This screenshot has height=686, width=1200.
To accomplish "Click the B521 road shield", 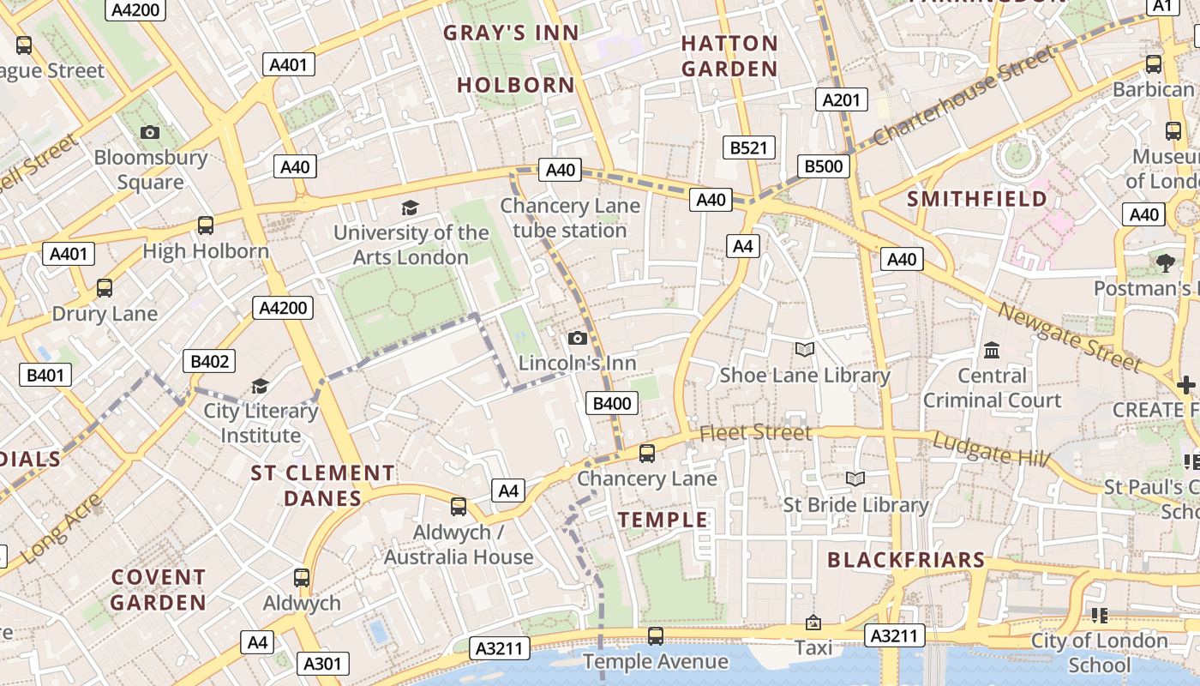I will coord(748,147).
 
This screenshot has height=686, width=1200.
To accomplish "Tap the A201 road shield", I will coord(840,99).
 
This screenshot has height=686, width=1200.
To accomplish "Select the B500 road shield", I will coord(823,165).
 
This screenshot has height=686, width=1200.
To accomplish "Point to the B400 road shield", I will coord(612,404).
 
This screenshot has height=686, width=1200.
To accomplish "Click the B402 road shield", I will coord(209,362).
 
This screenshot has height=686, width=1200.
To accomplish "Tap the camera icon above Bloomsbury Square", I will coord(150,132).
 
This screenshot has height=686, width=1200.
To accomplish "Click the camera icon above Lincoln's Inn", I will coord(578,338).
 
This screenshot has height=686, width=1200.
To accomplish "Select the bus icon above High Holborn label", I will coord(206,226).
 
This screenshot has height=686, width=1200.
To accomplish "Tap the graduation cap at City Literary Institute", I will coord(260,387).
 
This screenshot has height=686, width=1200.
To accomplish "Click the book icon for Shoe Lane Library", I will coord(804,349).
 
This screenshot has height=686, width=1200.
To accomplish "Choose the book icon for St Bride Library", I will coord(855,478).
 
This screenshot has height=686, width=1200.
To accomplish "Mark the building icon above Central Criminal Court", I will coord(992,350).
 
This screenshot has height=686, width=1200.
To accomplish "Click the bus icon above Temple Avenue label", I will coord(656,635).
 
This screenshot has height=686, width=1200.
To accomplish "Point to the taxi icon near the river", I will coord(813,623).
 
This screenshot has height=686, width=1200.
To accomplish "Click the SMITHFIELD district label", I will coord(977,199).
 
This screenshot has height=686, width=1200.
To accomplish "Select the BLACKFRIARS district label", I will coord(906,560).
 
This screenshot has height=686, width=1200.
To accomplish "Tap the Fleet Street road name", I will coord(754,433).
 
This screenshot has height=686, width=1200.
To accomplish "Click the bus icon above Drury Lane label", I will coord(105,288).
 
